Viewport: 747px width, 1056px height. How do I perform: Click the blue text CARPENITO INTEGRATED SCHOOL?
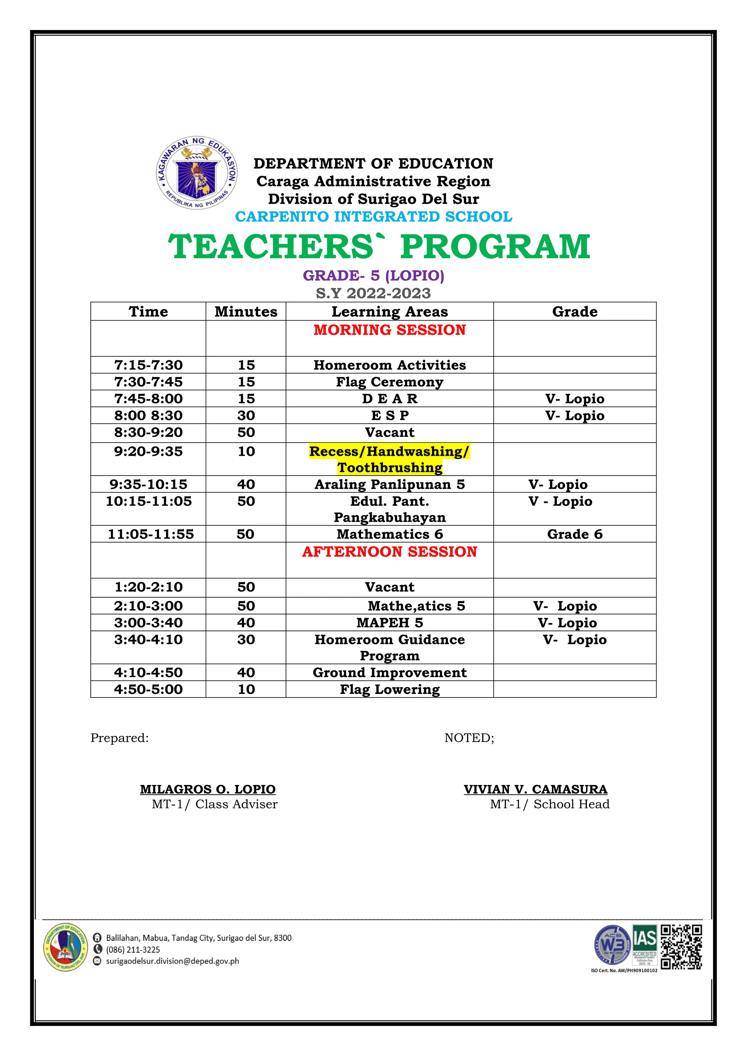[373, 216]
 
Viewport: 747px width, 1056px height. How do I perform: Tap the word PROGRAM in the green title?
[495, 246]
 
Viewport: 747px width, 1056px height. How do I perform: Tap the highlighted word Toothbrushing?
[389, 467]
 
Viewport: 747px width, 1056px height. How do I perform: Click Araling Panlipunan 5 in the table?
[389, 484]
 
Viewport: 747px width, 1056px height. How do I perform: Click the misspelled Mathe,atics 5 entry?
[416, 606]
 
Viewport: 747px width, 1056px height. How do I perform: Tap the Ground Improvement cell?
[389, 672]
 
